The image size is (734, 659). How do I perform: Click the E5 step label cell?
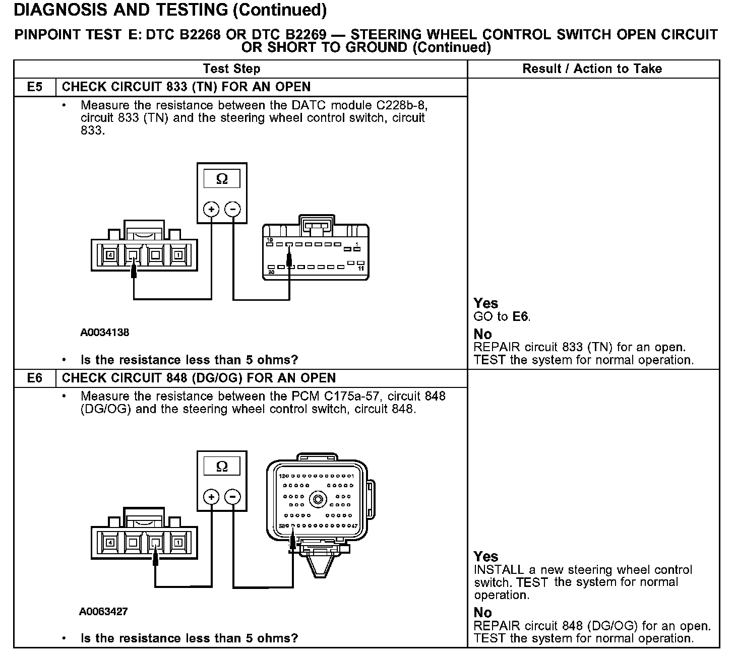click(x=34, y=87)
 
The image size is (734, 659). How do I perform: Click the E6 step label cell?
click(x=34, y=378)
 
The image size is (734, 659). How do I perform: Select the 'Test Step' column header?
click(x=231, y=69)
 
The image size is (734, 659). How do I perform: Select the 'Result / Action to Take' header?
click(x=592, y=69)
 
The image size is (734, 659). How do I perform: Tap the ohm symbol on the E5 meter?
click(x=222, y=179)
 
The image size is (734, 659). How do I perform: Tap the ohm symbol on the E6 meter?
click(x=222, y=467)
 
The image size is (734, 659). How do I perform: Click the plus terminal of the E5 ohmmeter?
click(x=211, y=209)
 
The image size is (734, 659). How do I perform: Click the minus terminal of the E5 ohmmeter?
click(x=232, y=209)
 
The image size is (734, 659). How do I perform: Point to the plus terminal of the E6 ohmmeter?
click(x=211, y=497)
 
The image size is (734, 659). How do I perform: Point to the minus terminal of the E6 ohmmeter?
click(x=232, y=497)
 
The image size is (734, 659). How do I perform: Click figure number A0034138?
click(x=104, y=333)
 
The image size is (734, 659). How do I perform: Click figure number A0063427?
click(x=103, y=612)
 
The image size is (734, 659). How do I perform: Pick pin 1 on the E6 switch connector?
click(x=177, y=543)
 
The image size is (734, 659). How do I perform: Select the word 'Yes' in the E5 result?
click(x=485, y=303)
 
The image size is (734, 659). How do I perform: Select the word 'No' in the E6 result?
click(x=482, y=613)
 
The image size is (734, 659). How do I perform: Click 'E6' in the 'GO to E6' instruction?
click(x=521, y=317)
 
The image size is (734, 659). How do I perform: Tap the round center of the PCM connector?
click(x=318, y=500)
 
